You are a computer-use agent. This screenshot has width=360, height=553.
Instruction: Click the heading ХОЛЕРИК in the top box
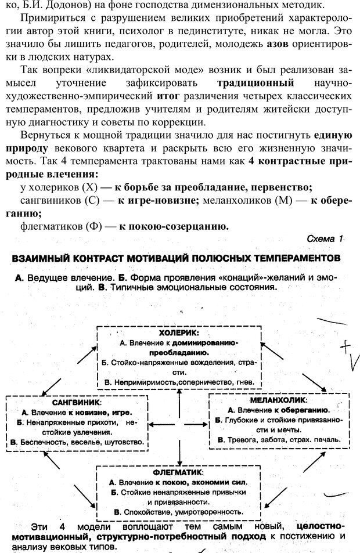pos(179,334)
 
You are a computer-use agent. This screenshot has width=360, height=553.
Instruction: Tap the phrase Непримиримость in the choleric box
pos(144,382)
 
